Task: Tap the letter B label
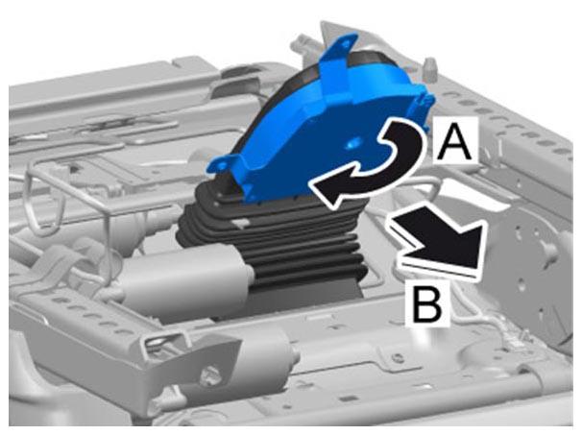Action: (427, 304)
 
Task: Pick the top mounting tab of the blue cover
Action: (342, 47)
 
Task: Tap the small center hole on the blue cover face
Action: (352, 142)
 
